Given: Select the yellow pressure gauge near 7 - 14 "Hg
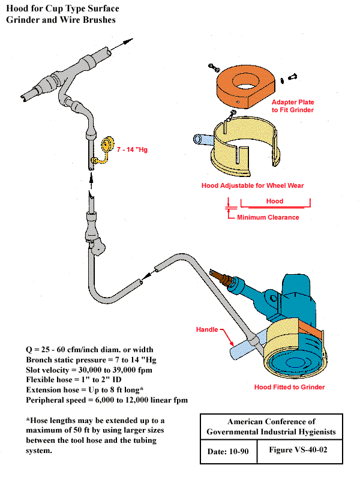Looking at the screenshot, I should click(107, 144).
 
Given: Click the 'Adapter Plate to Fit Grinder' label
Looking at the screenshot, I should click(293, 106).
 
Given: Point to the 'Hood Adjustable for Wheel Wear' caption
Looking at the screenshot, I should click(252, 186).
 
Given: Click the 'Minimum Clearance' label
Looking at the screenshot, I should click(268, 217).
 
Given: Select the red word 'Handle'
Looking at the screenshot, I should click(208, 329).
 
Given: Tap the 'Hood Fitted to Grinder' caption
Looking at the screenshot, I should click(289, 387).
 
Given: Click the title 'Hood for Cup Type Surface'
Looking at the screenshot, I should click(62, 9).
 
